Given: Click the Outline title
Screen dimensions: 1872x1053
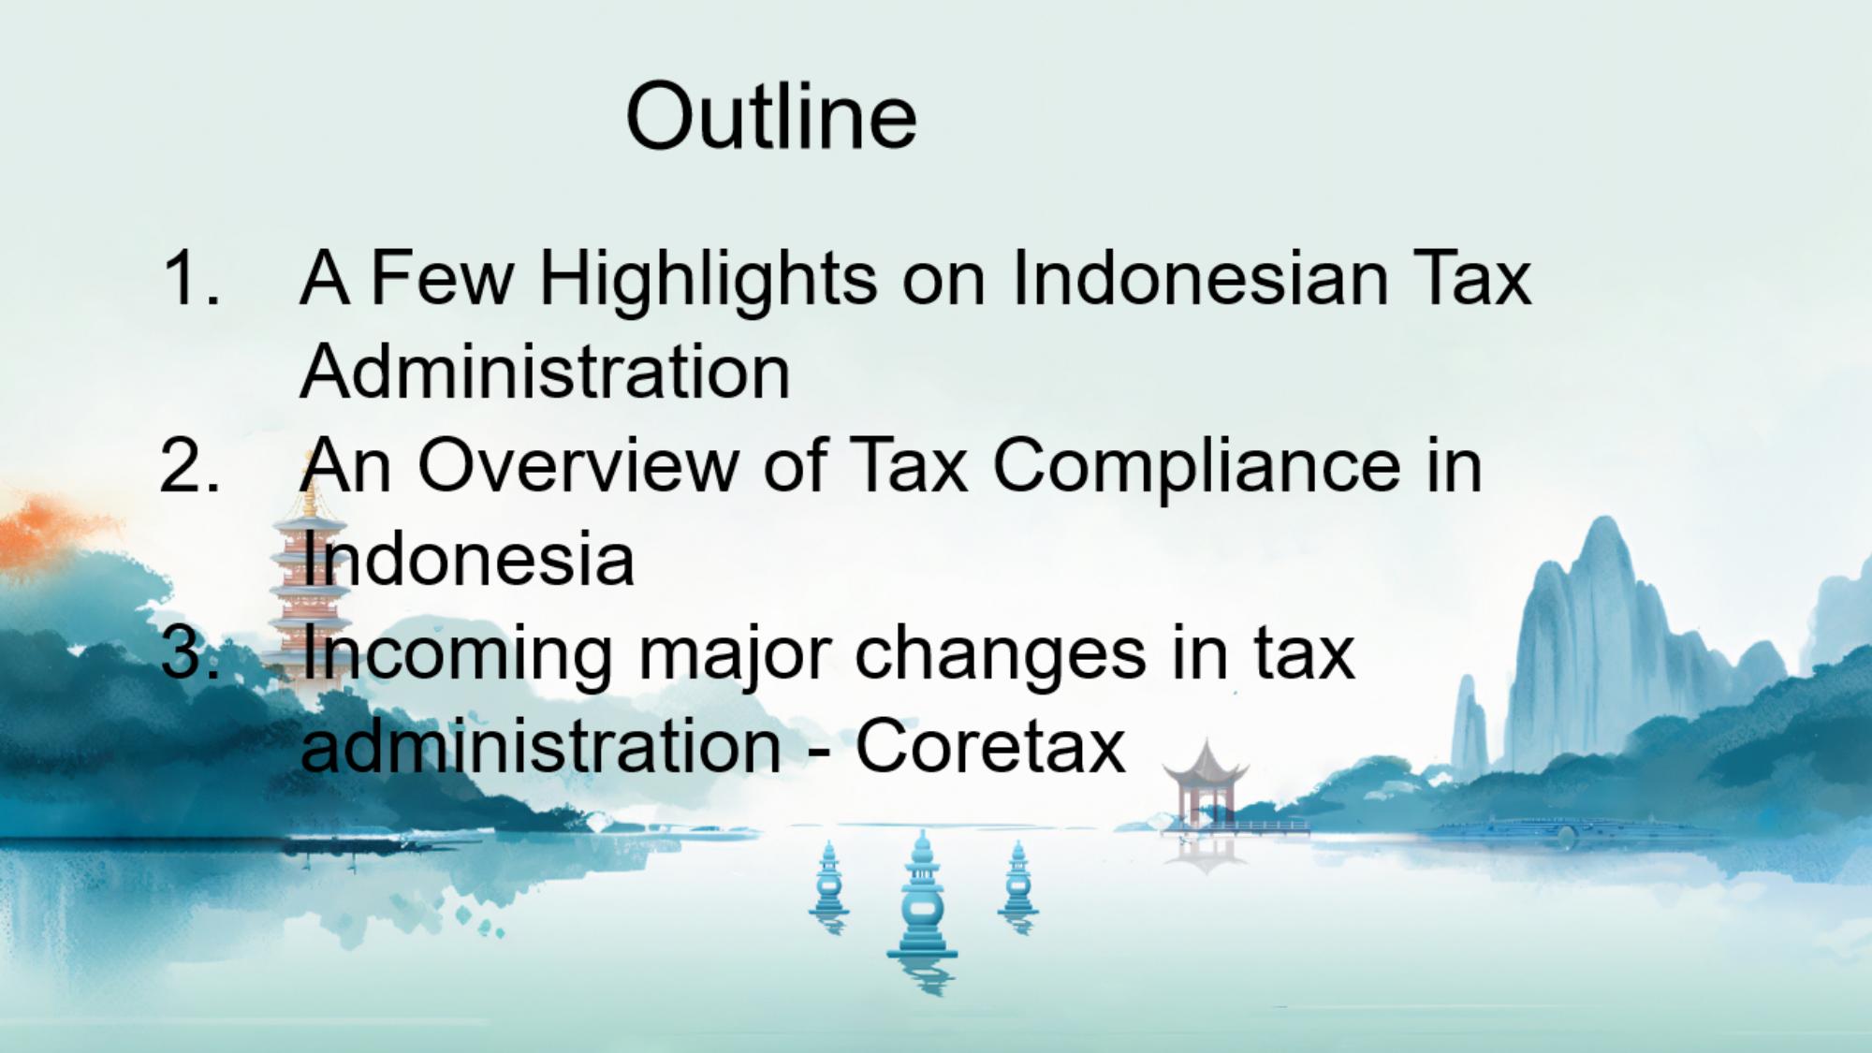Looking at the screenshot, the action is pos(771,117).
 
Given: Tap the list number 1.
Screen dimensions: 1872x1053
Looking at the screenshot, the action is pos(191,278).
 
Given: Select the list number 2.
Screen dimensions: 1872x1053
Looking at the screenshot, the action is pos(191,465).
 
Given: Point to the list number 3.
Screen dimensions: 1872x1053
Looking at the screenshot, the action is pos(191,652).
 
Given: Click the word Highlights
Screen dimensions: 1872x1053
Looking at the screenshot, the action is pos(709,281).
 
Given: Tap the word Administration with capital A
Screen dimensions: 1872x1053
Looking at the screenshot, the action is pos(546,372).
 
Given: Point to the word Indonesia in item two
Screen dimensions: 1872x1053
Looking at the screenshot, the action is pos(468,559).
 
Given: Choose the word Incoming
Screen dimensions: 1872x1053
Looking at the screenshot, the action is pos(456,655).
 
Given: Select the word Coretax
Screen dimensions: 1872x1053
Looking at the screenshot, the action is pos(990,747).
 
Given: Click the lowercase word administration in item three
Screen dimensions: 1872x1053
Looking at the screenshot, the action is pos(541,746).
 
